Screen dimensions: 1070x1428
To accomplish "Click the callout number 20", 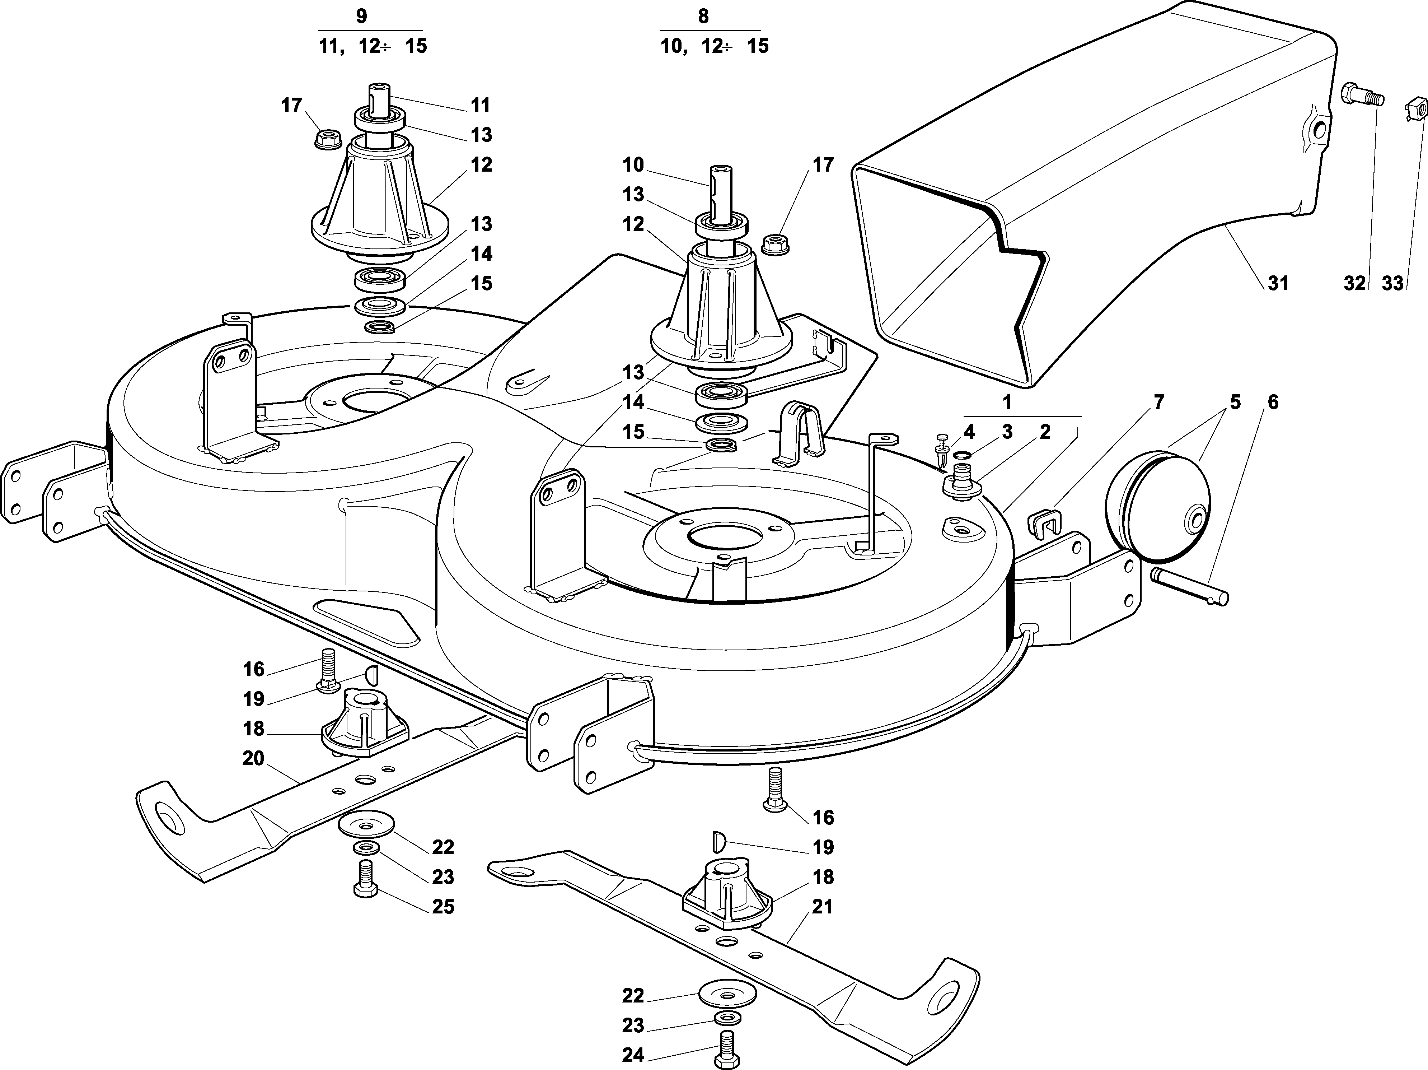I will (x=253, y=758).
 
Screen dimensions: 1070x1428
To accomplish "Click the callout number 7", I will (x=1159, y=402).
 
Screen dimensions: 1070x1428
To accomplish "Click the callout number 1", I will (x=1007, y=402).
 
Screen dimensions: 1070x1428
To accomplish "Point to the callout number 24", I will (x=633, y=1056).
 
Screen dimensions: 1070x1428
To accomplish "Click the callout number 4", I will (x=969, y=431).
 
